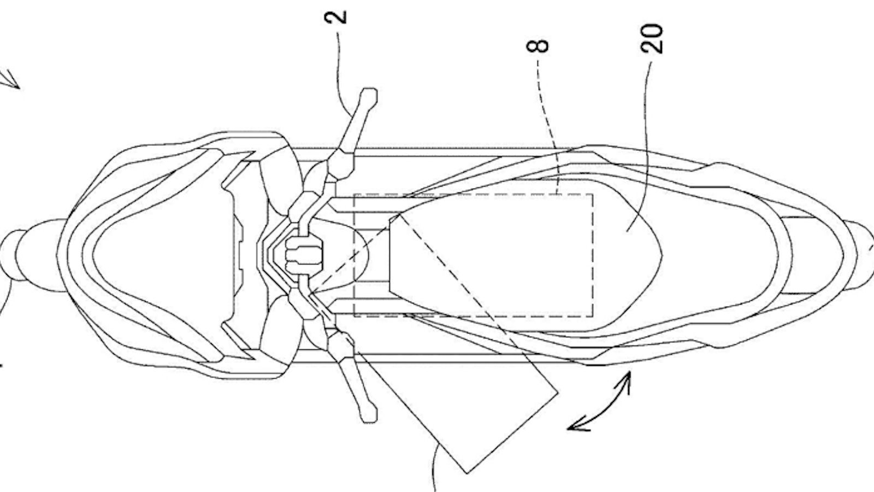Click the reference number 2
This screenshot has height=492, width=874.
(x=335, y=17)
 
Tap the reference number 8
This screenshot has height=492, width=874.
(x=538, y=46)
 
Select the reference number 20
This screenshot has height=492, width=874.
(x=652, y=39)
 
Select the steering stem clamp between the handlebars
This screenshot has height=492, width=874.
(x=304, y=255)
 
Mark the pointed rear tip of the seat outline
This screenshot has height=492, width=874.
(x=662, y=255)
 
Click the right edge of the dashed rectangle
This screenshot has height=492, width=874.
(x=593, y=255)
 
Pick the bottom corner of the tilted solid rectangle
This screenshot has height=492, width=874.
(x=466, y=473)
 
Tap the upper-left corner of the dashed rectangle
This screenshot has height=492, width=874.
(x=355, y=195)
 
